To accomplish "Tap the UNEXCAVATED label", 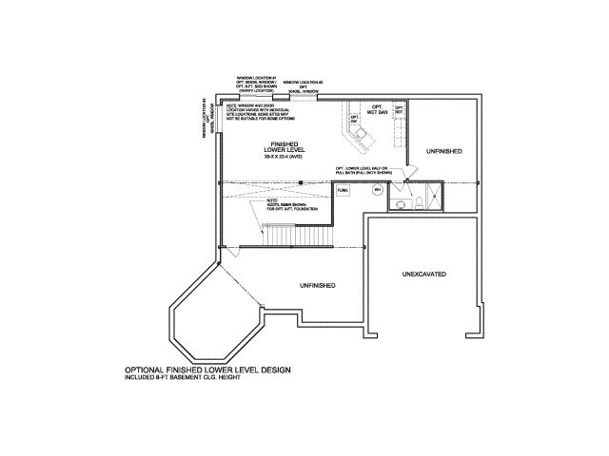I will coord(423,275).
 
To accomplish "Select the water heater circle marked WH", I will coord(378,190).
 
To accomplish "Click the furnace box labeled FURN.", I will coord(344,190).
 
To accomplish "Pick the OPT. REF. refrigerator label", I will coord(400,109).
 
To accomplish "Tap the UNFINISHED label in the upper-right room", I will coord(444,151).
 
